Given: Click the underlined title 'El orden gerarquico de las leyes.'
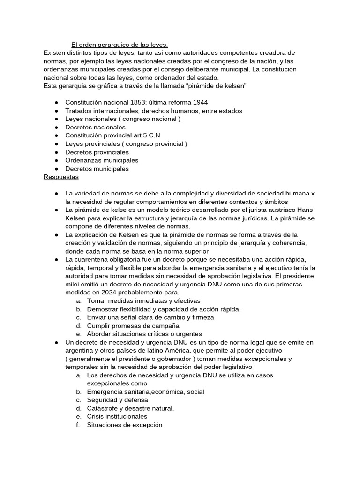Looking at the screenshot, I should tap(119, 45).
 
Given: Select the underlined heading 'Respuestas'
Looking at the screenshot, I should tap(61, 177).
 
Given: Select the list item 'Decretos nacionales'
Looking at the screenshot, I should tap(95, 127).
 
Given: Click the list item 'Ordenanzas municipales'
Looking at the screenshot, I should tap(102, 160).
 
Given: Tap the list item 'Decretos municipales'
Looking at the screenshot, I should tap(97, 169).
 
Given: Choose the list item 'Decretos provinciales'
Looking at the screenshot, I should tap(97, 152).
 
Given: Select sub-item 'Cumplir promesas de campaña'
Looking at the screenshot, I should tap(133, 325).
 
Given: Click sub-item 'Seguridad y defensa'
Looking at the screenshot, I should tap(117, 400).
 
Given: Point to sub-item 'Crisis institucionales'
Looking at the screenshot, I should tap(117, 416).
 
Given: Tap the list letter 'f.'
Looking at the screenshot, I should tap(78, 425).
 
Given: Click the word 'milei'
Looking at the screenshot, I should tap(73, 284).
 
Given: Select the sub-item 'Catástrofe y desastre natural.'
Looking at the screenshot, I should tap(130, 408).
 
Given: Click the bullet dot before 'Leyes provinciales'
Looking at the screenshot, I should tap(56, 144).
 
